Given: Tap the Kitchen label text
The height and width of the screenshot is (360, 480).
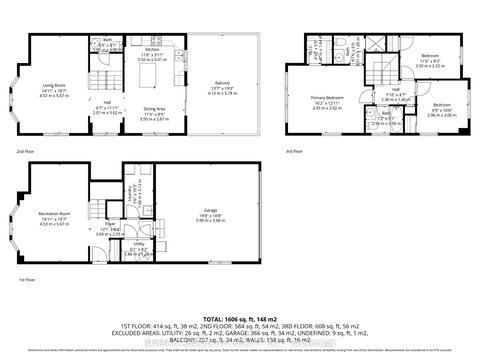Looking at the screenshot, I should pos(150,48).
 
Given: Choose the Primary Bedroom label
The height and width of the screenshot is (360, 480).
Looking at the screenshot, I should pos(313,98).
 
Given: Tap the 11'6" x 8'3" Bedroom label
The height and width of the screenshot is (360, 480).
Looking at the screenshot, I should pos(429,56).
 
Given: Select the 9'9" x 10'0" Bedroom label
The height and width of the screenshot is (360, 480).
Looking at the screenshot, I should pos(441,105).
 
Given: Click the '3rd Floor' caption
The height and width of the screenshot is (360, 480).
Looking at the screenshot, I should pos(298,151).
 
